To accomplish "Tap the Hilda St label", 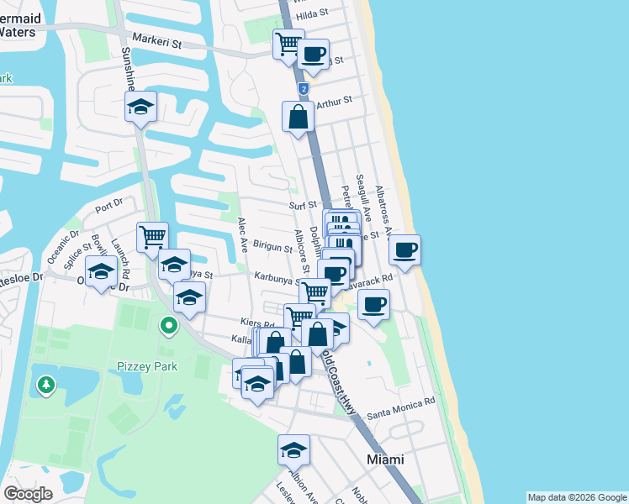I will tap(332, 13).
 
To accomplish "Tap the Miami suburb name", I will tap(385, 459).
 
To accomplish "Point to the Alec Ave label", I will tap(242, 235).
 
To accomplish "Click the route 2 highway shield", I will tap(303, 88).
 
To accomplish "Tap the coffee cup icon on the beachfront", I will tap(405, 249).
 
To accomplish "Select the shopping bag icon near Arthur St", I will tap(299, 117).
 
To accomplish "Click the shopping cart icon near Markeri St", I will tap(288, 43).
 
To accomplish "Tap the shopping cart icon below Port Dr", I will tap(152, 237).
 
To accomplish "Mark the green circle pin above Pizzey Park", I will tap(169, 325).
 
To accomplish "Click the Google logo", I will tap(29, 494).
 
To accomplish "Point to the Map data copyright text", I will tap(577, 497).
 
